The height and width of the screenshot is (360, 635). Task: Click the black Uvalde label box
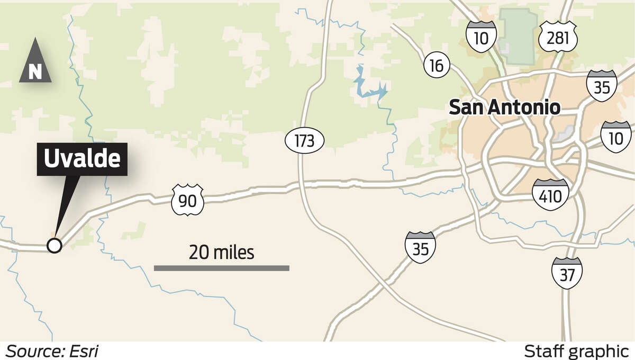point(82,159)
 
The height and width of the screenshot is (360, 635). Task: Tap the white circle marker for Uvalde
point(54,245)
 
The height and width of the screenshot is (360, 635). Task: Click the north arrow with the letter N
point(35,61)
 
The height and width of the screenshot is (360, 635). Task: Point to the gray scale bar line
point(221,268)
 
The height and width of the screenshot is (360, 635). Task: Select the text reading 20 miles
point(221,253)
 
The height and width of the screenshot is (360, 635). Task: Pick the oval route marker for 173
point(300,141)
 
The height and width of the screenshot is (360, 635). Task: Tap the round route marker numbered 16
point(437,66)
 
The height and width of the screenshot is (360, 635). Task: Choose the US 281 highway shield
point(558,36)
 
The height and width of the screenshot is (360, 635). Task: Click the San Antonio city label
point(504,107)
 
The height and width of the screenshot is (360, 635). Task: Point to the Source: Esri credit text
point(52,351)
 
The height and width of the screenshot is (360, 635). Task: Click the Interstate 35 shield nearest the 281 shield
point(602,85)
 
